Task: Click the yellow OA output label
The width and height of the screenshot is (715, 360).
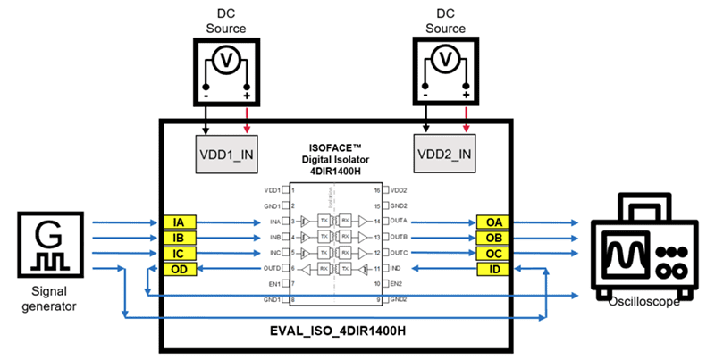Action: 493,222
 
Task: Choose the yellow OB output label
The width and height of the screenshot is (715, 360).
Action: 493,237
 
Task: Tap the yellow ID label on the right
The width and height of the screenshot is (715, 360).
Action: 493,268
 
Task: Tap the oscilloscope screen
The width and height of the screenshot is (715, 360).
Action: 626,254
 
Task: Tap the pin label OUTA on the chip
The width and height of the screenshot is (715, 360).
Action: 400,221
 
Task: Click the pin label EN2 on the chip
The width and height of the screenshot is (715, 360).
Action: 395,283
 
